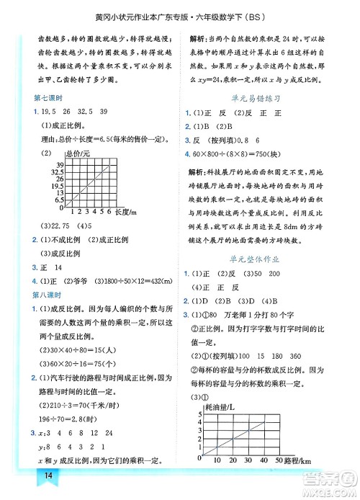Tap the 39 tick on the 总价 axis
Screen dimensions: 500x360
coord(60,166)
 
